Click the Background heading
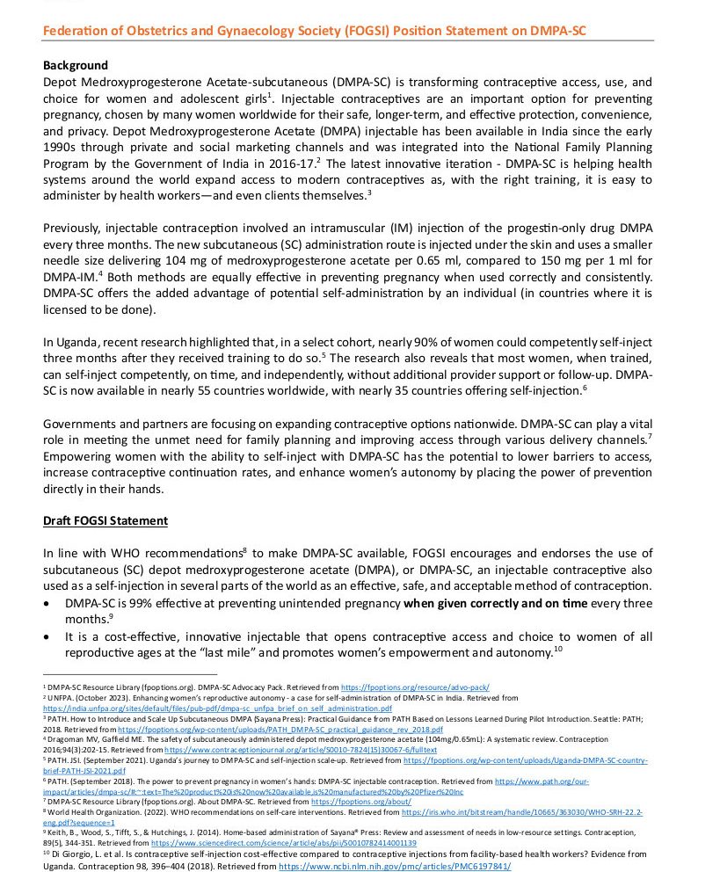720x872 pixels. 76,65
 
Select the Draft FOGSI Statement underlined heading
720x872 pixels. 105,520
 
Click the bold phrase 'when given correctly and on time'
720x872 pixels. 498,604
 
